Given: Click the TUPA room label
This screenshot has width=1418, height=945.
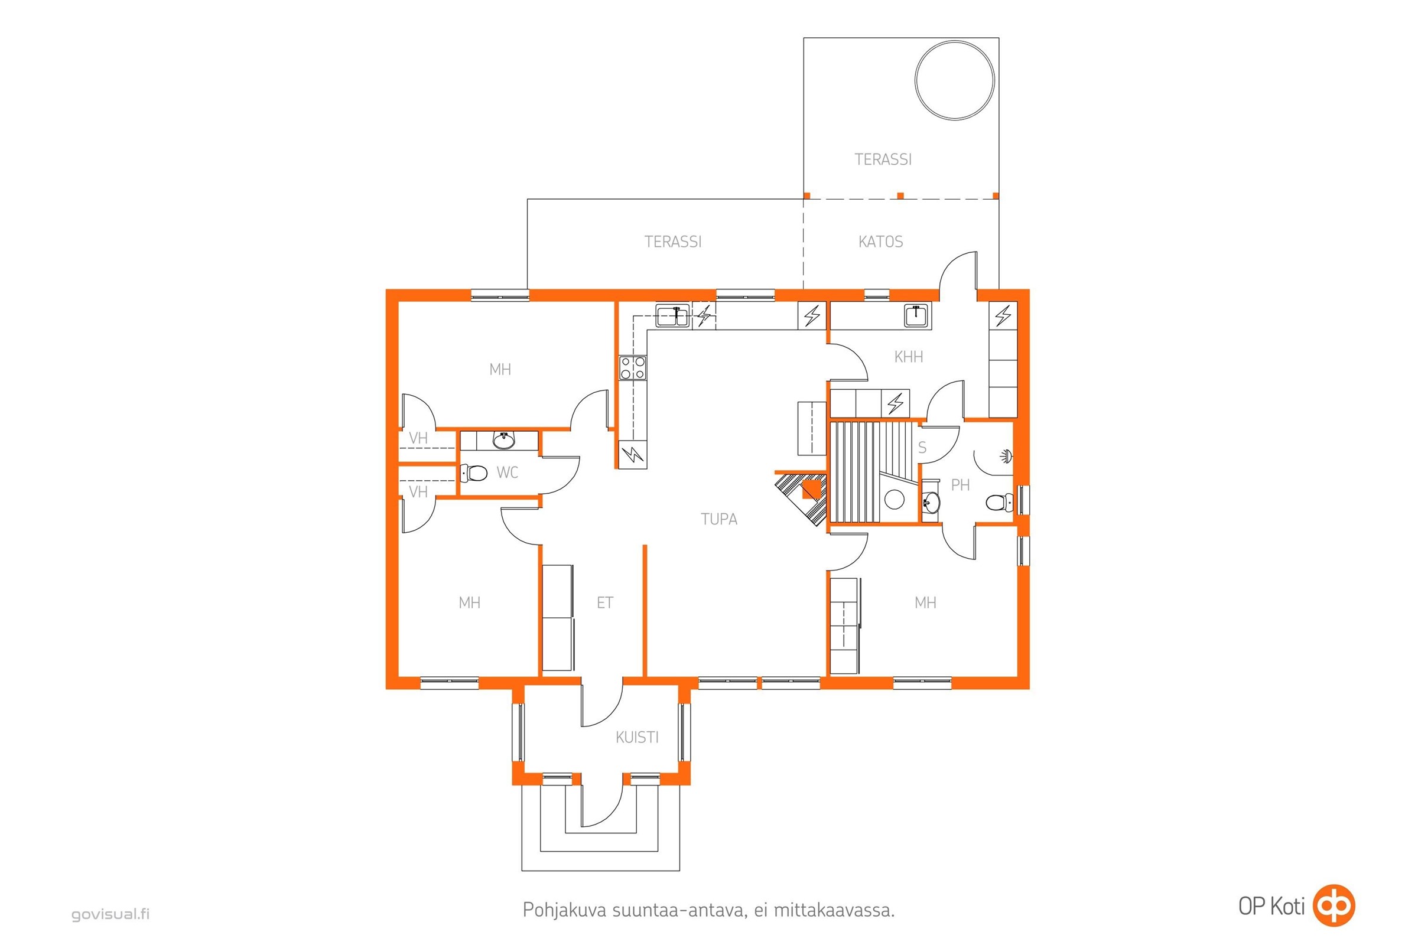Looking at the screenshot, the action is coord(718,519).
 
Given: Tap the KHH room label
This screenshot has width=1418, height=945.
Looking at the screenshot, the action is coord(909,357).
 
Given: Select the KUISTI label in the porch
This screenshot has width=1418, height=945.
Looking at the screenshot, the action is coord(637,737).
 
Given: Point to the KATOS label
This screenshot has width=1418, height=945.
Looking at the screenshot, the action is coord(880,242).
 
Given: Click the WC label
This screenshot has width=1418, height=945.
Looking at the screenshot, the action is coord(507,472).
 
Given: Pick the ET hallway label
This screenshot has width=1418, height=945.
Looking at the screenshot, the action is coord(604,602).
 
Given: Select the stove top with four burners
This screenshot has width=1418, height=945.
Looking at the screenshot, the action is coord(632,367).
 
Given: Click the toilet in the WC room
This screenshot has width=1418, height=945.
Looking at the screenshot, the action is coord(474,472).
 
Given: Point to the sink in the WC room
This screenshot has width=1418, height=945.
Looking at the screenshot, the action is coord(504,441).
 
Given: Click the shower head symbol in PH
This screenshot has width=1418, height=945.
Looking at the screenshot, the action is coord(1005,455).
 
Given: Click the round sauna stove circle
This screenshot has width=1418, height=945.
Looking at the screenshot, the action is coord(894,500).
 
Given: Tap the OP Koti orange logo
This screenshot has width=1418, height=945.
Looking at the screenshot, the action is coord(1334,905).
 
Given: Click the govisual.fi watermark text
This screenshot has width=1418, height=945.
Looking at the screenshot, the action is coord(110,914).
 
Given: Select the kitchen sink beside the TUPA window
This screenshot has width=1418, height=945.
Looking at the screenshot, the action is coord(673,315).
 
